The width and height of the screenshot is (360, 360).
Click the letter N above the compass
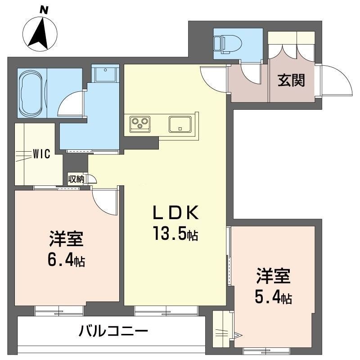tap(44, 10)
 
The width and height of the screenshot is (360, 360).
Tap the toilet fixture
tap(228, 44)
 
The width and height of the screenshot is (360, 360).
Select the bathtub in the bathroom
tap(30, 94)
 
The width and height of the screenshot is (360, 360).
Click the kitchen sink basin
tap(180, 124)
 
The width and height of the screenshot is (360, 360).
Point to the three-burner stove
tap(140, 124)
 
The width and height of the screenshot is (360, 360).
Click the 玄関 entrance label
tap(291, 80)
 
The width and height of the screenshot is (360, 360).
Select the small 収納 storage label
tap(76, 179)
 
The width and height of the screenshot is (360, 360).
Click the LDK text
tap(176, 213)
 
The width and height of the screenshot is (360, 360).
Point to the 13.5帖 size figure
tap(176, 233)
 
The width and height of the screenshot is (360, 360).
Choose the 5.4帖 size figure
tap(274, 298)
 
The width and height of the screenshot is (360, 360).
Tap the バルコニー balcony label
tap(113, 331)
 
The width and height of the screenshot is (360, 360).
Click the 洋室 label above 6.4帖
tap(66, 239)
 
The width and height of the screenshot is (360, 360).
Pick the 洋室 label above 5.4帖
tap(274, 276)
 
